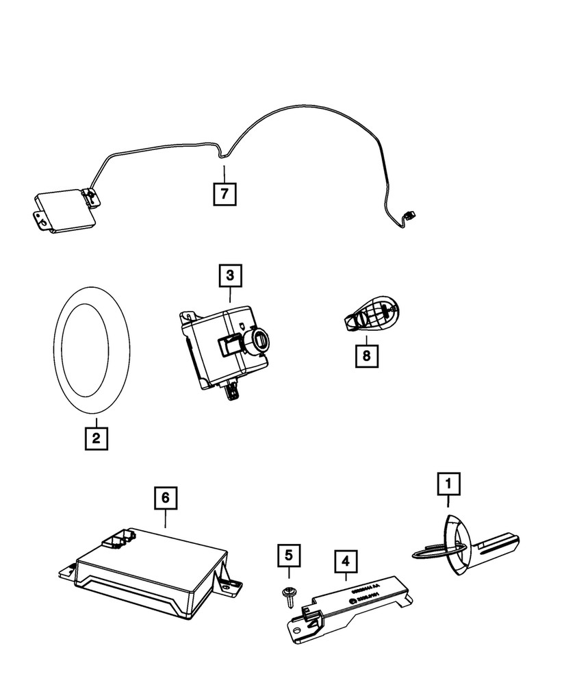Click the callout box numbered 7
pyautogui.click(x=225, y=194)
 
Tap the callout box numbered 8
pyautogui.click(x=367, y=355)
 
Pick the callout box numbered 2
pyautogui.click(x=96, y=437)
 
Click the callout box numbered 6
pyautogui.click(x=164, y=498)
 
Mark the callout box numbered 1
pyautogui.click(x=449, y=484)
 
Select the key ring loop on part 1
pyautogui.click(x=438, y=547)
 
